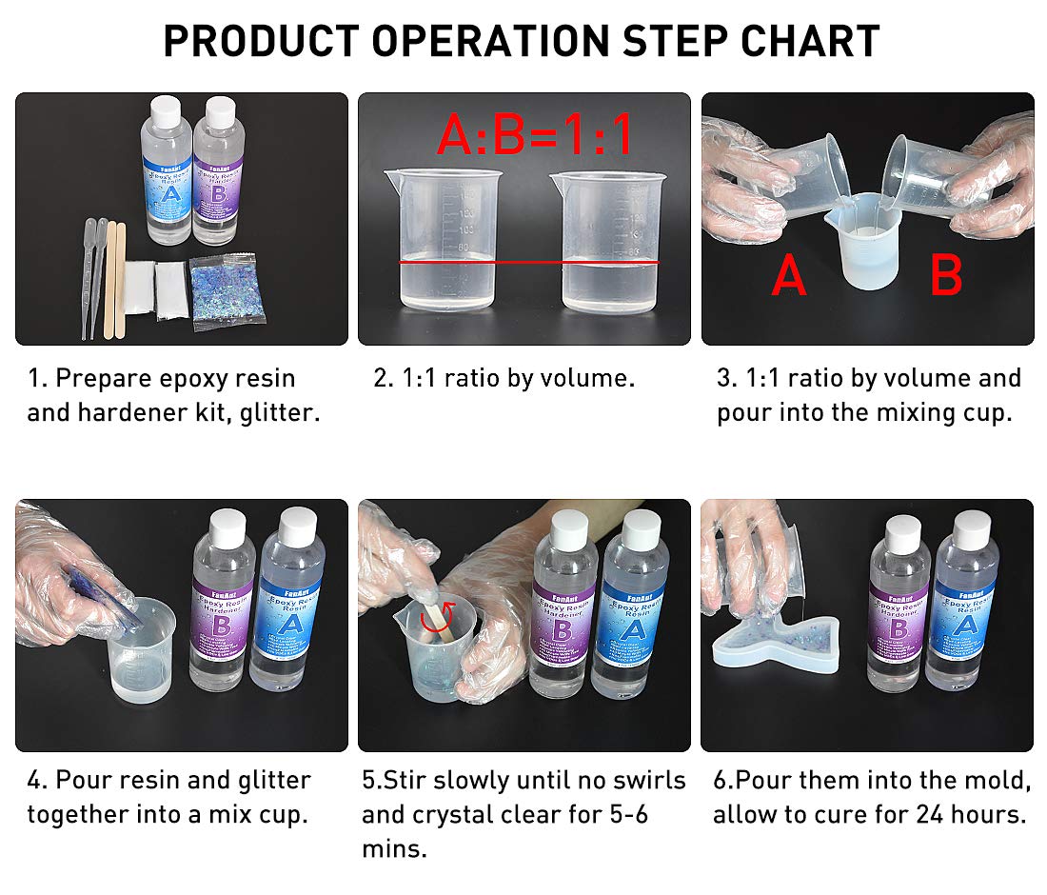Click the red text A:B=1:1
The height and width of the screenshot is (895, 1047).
tap(535, 135)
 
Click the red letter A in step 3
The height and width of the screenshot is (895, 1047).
tap(789, 275)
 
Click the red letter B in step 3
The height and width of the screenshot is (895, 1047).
tap(945, 275)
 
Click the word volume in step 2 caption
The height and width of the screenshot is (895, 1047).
tap(588, 378)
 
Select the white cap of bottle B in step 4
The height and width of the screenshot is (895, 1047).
tap(227, 526)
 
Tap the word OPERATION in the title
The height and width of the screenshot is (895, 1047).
tap(490, 41)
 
